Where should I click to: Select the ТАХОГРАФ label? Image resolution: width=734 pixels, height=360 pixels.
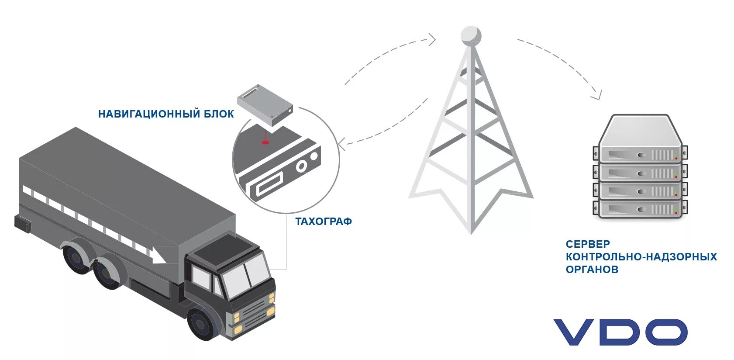(x=324, y=222)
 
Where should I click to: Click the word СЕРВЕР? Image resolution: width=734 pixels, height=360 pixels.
(x=588, y=244)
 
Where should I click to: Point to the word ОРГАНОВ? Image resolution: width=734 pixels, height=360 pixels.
(x=592, y=269)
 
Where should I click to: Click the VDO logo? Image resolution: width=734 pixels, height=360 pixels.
(x=620, y=332)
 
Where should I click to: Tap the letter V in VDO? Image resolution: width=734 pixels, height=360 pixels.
(x=575, y=332)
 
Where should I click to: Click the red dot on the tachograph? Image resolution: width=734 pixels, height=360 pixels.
(x=265, y=142)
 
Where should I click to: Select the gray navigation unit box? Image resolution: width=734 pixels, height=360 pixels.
(x=265, y=105)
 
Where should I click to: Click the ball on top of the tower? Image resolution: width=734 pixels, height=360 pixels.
(x=471, y=35)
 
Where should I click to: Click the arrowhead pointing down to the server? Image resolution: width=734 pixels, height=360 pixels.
(x=596, y=94)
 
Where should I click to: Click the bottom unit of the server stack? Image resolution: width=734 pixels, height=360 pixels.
(x=640, y=210)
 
